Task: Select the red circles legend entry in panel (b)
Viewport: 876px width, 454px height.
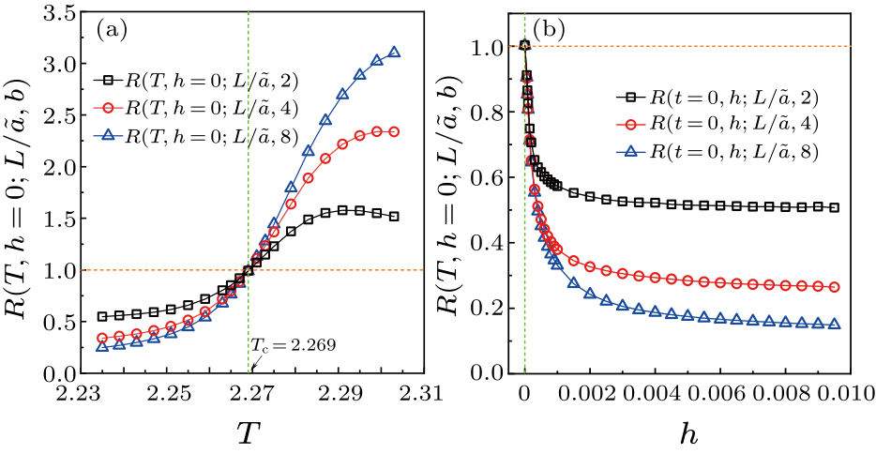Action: [711, 124]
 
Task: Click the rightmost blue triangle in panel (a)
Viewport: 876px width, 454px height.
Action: [394, 53]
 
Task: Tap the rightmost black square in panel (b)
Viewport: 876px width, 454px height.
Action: [834, 207]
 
